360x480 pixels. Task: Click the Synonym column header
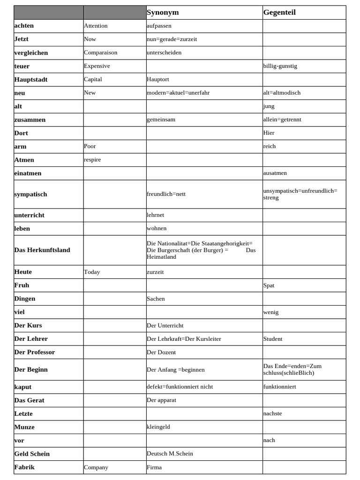point(163,13)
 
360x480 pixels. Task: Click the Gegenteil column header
point(279,13)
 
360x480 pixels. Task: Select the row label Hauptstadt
point(31,80)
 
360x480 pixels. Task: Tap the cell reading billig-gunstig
point(280,66)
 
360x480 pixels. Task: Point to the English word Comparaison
point(101,52)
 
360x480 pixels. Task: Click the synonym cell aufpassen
point(159,26)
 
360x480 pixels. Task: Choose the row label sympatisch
point(31,194)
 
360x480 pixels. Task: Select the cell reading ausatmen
point(275,173)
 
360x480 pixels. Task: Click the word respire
point(92,159)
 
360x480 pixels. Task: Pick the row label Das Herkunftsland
point(42,250)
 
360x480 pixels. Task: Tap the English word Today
point(92,272)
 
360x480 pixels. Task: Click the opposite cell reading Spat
point(269,285)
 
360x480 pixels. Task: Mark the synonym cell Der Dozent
point(161,352)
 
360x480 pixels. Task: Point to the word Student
point(273,338)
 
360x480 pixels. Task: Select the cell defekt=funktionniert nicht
point(180,387)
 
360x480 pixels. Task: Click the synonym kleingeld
point(158,427)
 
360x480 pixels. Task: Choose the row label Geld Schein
point(32,454)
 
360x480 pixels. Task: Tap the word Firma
point(154,467)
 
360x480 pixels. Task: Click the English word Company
point(96,467)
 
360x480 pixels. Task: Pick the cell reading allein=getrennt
point(282,120)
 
